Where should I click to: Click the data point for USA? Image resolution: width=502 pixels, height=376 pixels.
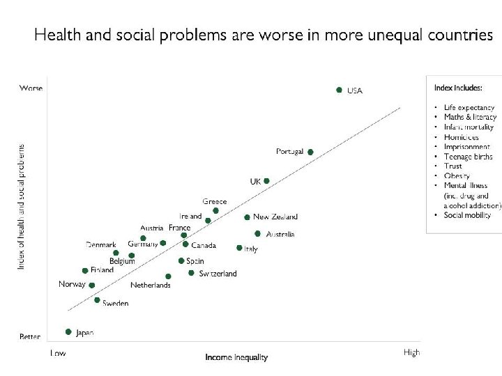coord(339,90)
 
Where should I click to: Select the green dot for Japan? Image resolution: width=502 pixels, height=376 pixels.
coord(68,332)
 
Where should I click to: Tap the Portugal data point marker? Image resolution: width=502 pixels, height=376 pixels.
coord(310,152)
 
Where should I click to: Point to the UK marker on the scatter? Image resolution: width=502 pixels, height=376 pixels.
coord(266,181)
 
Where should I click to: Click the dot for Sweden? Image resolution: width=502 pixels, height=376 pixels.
coord(97,300)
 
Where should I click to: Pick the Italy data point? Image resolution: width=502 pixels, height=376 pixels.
coord(239,248)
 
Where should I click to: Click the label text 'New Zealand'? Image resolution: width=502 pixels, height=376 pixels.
coord(275,217)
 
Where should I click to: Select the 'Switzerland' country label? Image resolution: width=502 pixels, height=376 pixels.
coord(218,274)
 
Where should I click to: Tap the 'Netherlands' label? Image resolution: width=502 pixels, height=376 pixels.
coord(150,285)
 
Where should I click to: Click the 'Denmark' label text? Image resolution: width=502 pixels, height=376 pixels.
coord(101,244)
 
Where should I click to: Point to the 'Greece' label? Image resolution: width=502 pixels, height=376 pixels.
coord(215,202)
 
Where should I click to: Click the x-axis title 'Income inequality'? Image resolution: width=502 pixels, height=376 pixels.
coord(236,358)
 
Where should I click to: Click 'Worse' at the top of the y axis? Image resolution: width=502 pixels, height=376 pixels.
coord(31,88)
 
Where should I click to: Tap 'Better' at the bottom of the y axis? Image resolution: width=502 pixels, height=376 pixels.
coord(30,337)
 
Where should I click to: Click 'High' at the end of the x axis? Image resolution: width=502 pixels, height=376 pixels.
coord(411,352)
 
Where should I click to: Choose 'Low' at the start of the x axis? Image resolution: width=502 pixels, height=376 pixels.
coord(58,353)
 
